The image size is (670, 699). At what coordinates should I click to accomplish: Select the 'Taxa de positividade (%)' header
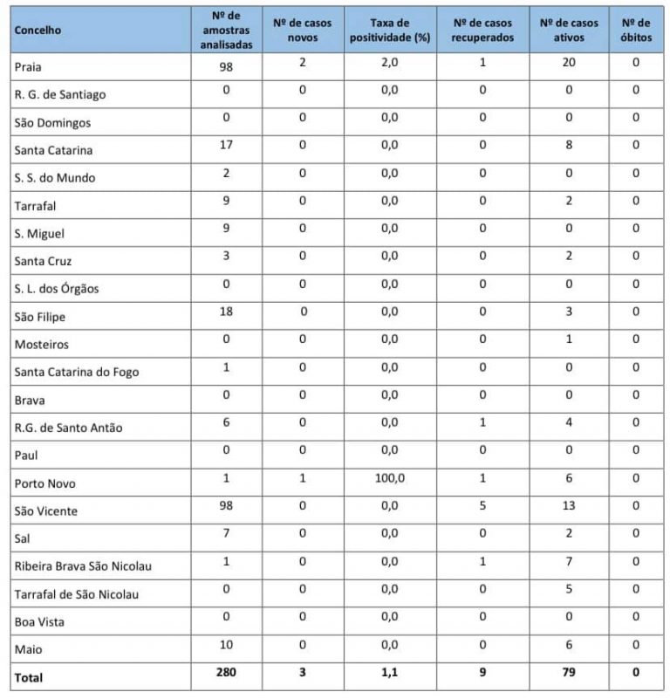point(388,31)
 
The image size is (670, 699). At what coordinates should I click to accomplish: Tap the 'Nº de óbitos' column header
point(635,31)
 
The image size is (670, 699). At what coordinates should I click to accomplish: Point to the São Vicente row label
point(45,511)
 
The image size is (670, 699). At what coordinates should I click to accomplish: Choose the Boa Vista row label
point(38,622)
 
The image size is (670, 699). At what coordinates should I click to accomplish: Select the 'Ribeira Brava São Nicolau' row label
point(83,566)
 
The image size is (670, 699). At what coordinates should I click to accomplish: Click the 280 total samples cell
point(226,673)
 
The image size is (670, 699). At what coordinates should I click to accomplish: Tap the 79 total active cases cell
point(569,673)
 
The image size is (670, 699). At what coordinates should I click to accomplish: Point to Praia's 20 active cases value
point(569,63)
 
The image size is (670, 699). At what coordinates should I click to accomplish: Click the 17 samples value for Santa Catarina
point(226,146)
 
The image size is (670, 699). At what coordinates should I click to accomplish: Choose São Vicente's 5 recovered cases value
point(482,507)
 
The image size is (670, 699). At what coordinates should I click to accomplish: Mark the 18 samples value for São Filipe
point(226,312)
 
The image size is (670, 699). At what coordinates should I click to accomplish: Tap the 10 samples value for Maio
point(226,645)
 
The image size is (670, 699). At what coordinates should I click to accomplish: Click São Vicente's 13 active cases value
point(569,507)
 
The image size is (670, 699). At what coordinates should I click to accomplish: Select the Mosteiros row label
point(41,345)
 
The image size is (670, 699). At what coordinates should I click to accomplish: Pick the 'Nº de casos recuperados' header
point(482,31)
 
